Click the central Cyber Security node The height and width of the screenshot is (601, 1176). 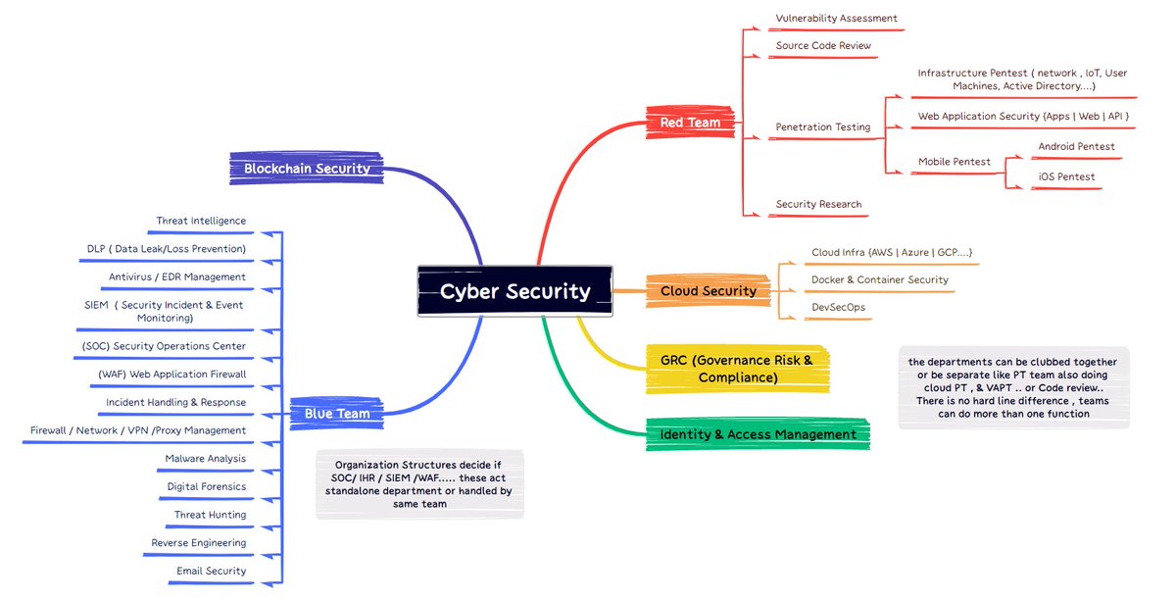pos(514,291)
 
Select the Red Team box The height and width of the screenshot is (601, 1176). pos(690,123)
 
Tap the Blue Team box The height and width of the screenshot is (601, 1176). pos(336,414)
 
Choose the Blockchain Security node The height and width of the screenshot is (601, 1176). pos(307,168)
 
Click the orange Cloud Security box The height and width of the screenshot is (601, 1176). pos(708,291)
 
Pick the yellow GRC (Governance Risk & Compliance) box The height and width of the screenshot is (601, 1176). pos(737,369)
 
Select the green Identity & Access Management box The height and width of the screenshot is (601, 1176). pos(758,434)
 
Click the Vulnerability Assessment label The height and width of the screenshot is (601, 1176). pos(836,19)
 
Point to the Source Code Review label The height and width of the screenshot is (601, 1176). pos(823,46)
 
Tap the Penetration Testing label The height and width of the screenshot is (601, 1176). pos(822,127)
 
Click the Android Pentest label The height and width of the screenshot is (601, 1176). pos(1076,147)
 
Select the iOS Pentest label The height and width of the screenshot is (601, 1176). pos(1066,177)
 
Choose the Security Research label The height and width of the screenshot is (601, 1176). pos(818,205)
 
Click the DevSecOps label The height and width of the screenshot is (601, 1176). pos(838,308)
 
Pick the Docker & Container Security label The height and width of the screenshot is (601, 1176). pos(879,280)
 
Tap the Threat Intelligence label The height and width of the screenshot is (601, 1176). pos(201,222)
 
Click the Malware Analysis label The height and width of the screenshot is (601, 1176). pos(205,459)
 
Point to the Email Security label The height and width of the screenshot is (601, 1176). pos(211,572)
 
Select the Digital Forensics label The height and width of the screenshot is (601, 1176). pos(206,487)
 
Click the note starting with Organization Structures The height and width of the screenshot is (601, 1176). pos(419,484)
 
